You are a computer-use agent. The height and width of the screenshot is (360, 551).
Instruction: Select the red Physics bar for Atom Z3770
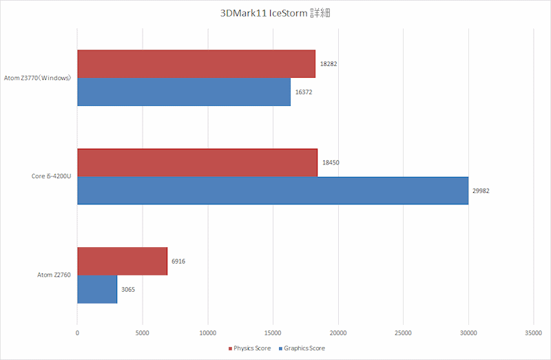196,63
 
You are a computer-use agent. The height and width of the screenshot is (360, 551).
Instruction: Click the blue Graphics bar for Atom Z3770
184,92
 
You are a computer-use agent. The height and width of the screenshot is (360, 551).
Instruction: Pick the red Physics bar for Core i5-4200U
197,162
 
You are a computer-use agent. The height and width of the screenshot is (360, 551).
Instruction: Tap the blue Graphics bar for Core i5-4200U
273,191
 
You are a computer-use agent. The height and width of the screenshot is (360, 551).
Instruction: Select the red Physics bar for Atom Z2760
122,261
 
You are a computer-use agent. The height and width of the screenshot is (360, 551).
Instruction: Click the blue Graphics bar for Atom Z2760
97,289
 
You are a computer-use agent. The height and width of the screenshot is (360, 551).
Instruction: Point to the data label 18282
329,64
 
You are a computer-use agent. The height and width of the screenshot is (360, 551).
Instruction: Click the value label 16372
304,92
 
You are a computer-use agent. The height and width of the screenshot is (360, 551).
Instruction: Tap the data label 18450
331,162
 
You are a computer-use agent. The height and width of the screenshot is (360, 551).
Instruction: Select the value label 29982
481,191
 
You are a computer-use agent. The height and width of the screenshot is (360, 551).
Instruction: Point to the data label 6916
178,262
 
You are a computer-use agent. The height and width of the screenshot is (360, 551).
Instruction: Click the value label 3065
127,290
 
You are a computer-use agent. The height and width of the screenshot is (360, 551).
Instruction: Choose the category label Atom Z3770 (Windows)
38,78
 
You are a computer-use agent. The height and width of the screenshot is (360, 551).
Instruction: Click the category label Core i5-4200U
52,177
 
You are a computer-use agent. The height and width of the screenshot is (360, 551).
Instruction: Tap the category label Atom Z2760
54,275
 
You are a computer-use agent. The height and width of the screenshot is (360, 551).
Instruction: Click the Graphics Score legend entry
304,348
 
